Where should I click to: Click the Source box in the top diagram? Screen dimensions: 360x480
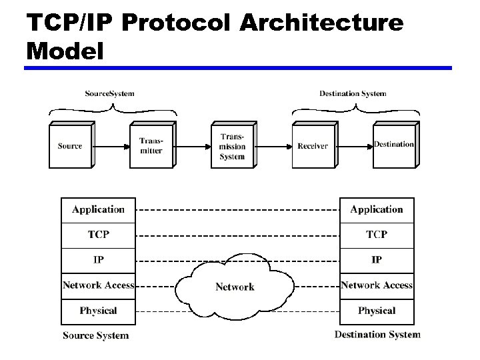70,146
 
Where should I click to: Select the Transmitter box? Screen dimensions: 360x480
151,146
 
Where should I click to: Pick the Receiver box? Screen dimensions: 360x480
313,146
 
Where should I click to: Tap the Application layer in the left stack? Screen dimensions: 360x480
98,209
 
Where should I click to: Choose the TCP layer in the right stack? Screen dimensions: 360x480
377,235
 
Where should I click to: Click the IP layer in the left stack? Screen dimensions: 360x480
98,260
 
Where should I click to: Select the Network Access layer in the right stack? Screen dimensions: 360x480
377,285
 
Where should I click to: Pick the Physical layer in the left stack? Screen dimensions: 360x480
98,311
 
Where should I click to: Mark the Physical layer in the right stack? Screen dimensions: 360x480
377,311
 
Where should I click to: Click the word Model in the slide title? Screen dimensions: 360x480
65,51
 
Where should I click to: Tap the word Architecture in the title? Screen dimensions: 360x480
321,23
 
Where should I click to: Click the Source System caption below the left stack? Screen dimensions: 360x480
95,335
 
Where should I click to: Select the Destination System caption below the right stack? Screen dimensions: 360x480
377,335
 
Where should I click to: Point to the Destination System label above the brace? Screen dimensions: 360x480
353,93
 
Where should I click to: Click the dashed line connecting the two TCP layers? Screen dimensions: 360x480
237,235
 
